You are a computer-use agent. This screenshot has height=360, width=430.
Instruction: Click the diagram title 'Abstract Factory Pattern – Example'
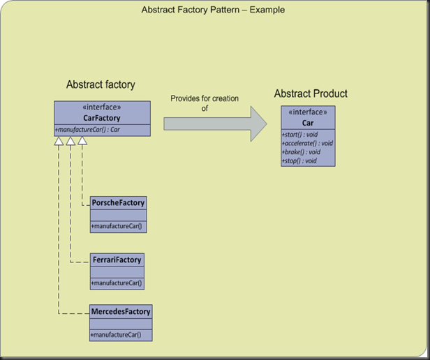coord(213,10)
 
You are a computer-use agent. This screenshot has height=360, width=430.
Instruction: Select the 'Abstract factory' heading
coord(101,85)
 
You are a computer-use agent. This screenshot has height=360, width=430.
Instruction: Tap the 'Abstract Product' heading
coord(311,93)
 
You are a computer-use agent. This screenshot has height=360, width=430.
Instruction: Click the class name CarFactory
coord(102,118)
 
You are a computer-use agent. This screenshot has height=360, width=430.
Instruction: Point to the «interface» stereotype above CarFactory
coord(102,108)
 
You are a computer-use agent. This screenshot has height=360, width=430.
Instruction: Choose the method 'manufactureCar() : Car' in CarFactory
coord(88,130)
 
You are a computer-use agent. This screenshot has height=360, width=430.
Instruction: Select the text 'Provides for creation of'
coord(204,103)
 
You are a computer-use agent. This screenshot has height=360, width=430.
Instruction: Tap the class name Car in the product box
coord(308,122)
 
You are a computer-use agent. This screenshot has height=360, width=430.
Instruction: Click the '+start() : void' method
coord(300,134)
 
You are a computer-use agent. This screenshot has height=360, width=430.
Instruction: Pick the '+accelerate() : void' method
coord(307,143)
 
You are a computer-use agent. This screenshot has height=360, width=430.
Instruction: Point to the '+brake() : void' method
coord(301,151)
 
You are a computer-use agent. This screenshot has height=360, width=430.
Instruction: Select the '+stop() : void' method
coord(299,160)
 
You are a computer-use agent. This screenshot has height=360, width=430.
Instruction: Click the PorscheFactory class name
coord(119,203)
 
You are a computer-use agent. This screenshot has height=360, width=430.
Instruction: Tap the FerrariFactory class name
coord(117,260)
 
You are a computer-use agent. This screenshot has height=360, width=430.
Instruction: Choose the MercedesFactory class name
coord(121,311)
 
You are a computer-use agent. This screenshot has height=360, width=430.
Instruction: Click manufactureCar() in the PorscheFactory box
coord(117,226)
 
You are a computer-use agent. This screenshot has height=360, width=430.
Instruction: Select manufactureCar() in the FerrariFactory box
coord(117,283)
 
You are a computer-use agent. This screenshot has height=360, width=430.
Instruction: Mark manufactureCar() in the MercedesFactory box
coord(116,335)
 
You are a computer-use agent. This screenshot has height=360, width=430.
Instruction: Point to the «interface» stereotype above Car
coord(308,112)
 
